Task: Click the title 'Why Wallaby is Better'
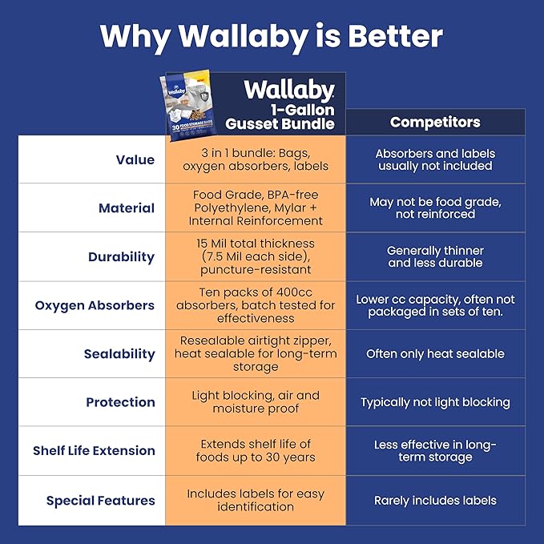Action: pos(272,36)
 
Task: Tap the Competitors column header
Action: pos(435,122)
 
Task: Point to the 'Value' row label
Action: pos(135,159)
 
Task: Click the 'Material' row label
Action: pos(127,208)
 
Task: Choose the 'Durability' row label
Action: pos(121,257)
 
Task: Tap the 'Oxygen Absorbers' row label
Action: pos(95,305)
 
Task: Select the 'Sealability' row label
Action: pos(119,354)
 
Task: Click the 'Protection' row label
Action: pos(120,402)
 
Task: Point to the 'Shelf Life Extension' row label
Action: pos(94,450)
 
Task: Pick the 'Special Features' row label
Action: pos(100,501)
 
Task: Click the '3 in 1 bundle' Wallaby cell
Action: pos(256,159)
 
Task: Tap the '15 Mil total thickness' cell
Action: pos(256,256)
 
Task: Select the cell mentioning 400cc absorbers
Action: pos(256,305)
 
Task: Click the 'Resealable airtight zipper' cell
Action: pos(256,353)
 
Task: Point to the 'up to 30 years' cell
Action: pos(256,450)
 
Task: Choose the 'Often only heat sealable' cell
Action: pos(435,353)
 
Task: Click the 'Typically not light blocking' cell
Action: pos(435,402)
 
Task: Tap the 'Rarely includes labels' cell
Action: pos(435,501)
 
